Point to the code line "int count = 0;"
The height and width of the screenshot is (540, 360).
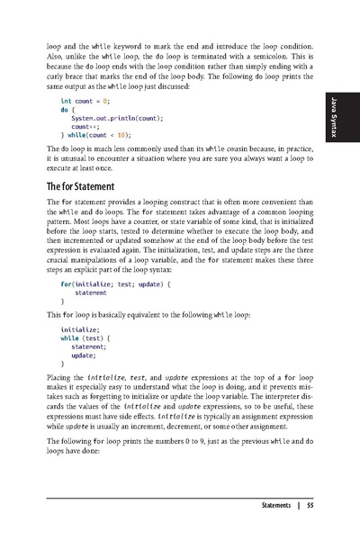coord(85,103)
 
